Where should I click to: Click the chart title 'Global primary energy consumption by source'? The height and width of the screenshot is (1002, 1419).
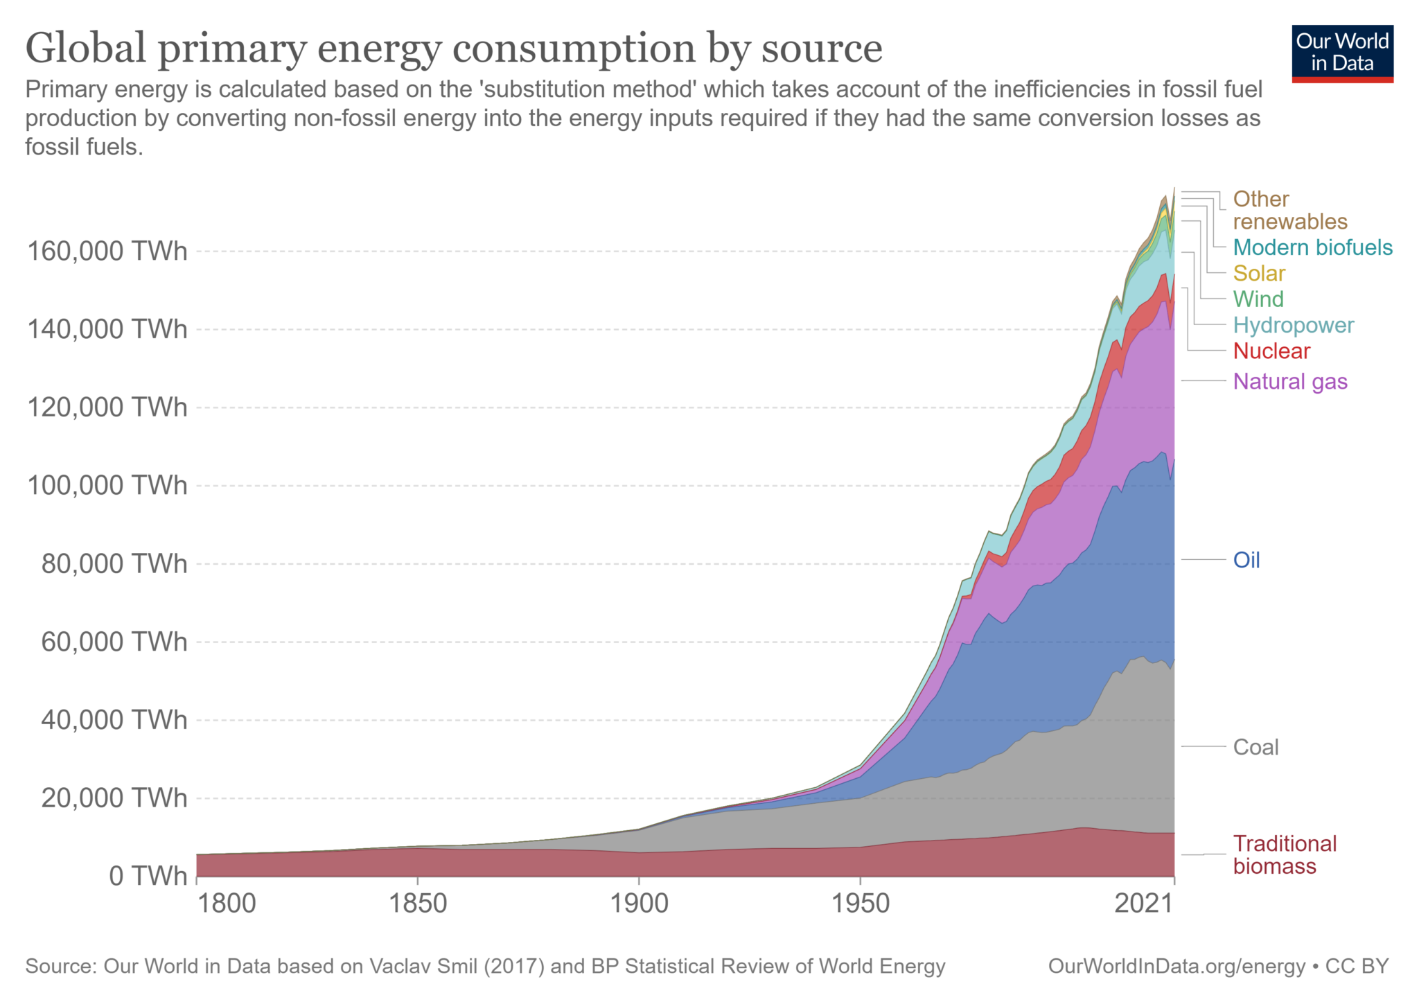click(x=454, y=49)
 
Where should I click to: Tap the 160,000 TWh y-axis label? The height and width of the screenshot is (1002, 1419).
click(x=107, y=251)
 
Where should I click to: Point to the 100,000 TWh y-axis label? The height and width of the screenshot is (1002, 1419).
click(x=107, y=485)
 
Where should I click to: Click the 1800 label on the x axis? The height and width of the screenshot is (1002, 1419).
click(x=226, y=904)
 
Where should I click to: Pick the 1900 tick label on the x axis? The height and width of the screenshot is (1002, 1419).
click(x=638, y=904)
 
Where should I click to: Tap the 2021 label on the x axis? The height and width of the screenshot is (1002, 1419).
click(x=1144, y=904)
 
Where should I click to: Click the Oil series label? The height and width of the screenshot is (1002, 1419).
click(x=1246, y=560)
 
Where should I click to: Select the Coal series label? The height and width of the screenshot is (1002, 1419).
click(x=1255, y=747)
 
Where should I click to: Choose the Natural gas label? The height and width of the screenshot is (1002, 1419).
click(x=1290, y=381)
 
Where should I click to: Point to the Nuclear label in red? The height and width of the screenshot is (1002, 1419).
click(x=1271, y=351)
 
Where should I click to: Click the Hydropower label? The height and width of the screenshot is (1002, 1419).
click(x=1293, y=325)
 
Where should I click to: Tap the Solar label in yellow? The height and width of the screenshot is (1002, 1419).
click(x=1259, y=273)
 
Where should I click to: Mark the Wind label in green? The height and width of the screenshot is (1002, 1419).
click(x=1258, y=299)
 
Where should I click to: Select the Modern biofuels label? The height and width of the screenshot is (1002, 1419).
click(x=1312, y=247)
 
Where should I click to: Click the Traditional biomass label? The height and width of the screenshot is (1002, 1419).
click(x=1284, y=854)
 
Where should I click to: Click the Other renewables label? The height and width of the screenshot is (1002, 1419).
click(x=1289, y=210)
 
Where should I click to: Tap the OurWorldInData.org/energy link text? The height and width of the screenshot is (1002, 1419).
click(x=1176, y=966)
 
